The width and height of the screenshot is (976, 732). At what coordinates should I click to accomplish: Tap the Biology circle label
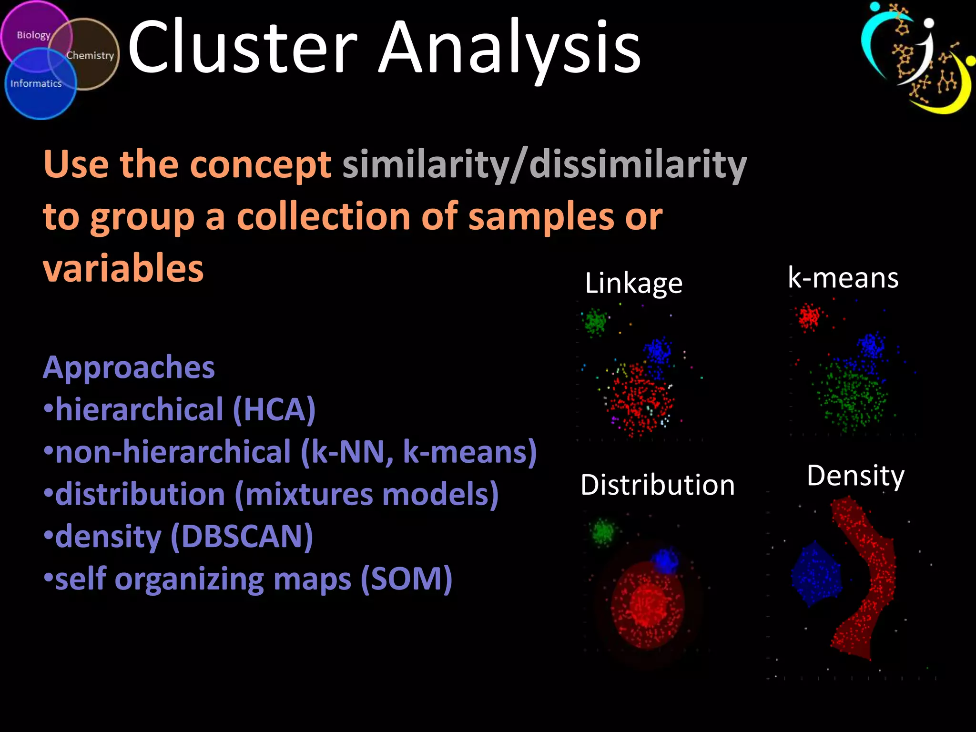33,35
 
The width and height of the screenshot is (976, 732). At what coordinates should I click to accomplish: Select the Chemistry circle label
90,55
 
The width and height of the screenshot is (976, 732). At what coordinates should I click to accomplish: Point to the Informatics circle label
36,84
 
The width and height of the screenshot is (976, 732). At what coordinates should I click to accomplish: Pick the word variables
123,268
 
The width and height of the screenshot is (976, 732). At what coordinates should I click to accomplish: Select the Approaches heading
129,367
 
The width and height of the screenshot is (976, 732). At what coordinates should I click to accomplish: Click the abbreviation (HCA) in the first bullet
274,410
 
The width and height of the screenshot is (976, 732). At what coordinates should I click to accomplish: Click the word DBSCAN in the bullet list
242,537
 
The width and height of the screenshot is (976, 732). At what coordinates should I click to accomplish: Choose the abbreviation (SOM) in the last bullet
406,579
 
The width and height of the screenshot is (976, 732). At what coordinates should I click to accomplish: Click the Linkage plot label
633,283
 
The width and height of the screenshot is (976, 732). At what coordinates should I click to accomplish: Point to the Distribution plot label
658,485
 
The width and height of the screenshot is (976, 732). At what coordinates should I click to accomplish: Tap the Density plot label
855,476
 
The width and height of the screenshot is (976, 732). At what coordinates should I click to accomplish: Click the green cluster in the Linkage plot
595,322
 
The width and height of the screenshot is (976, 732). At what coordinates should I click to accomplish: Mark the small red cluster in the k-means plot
809,317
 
